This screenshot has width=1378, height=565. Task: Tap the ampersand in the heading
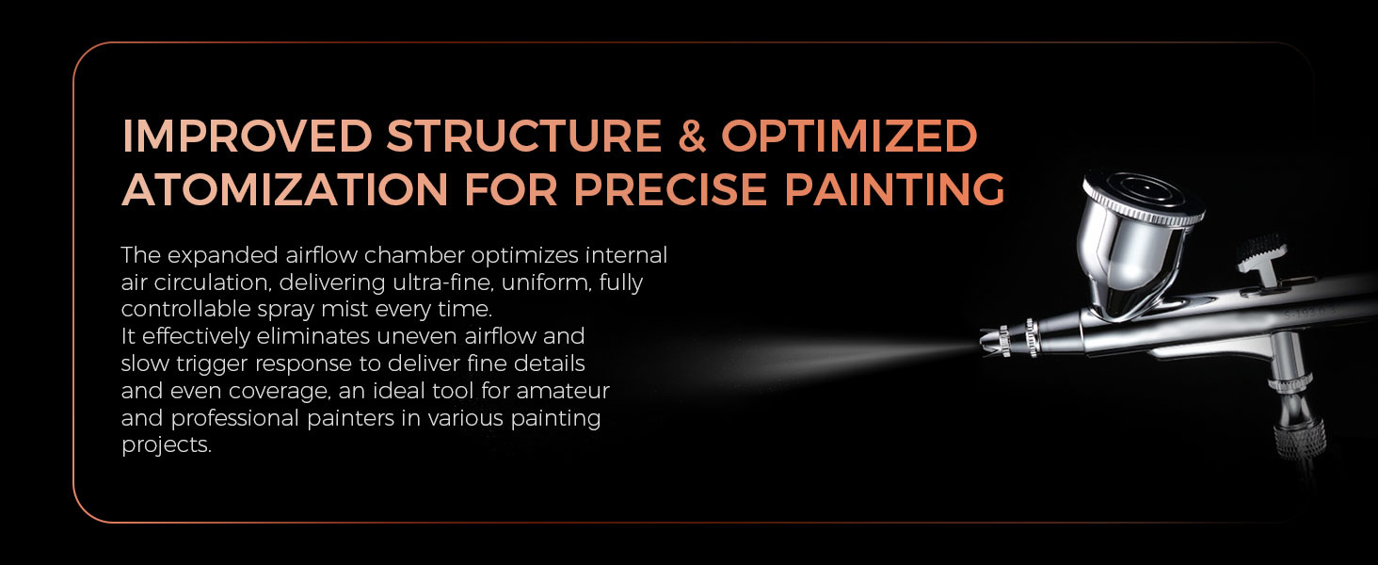[x=692, y=136]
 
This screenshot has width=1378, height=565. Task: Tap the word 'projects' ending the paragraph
[x=166, y=445]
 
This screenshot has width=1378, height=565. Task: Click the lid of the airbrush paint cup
[x=1143, y=197]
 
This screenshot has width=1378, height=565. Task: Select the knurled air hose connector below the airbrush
[x=1300, y=438]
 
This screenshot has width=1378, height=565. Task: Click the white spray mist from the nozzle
[x=830, y=358]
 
